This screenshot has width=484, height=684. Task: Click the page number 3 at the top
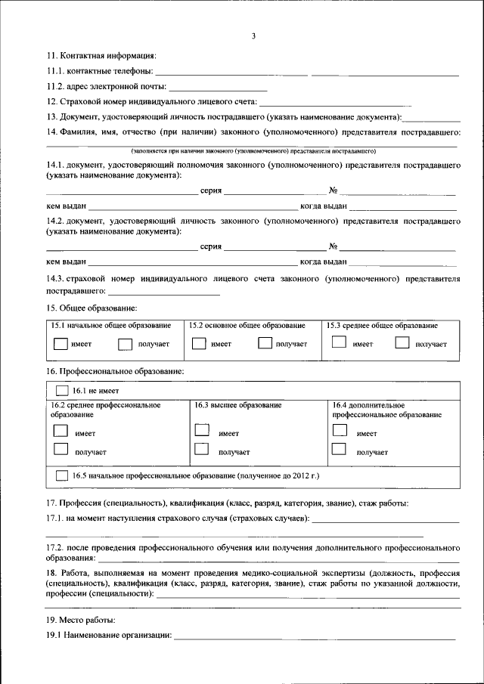(254, 36)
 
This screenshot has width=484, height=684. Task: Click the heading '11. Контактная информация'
(101, 56)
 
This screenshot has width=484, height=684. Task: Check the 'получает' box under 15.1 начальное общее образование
(126, 343)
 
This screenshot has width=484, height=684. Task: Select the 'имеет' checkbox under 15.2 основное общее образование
(198, 343)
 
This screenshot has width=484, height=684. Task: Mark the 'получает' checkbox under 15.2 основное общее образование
(265, 343)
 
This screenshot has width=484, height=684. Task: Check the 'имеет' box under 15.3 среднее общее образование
(340, 342)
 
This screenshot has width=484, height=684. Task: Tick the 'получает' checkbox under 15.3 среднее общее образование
(402, 343)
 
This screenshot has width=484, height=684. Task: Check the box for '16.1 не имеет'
(62, 391)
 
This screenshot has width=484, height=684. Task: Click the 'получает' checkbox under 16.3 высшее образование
(201, 450)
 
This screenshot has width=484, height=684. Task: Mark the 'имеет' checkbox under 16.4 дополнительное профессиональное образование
(340, 431)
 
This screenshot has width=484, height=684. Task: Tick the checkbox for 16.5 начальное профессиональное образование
(62, 476)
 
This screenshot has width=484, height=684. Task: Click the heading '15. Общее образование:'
(92, 308)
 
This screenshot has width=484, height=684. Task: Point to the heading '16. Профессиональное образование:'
(115, 372)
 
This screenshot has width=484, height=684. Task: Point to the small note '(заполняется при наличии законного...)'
(253, 151)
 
